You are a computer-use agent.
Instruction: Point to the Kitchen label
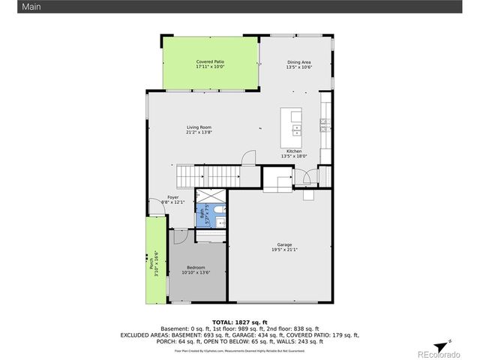pos(291,151)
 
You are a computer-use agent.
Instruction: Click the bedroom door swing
pos(180,236)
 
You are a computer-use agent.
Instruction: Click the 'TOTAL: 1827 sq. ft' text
pos(240,321)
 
